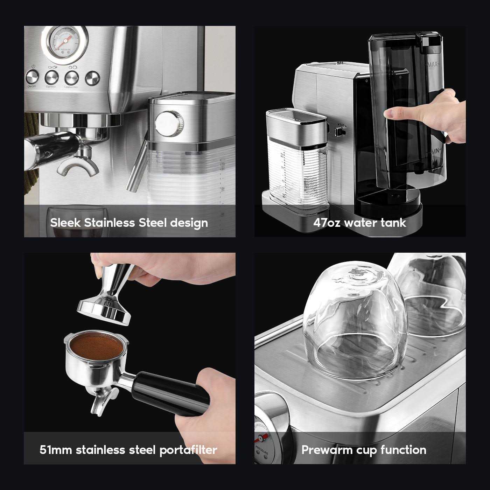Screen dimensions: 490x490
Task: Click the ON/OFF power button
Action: pos(32,77)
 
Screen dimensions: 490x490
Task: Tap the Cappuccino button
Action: pos(71,77)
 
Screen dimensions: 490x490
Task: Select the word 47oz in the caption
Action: pos(327,223)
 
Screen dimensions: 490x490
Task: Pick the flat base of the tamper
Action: pos(104,311)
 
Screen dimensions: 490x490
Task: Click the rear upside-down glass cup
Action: pos(434,290)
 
